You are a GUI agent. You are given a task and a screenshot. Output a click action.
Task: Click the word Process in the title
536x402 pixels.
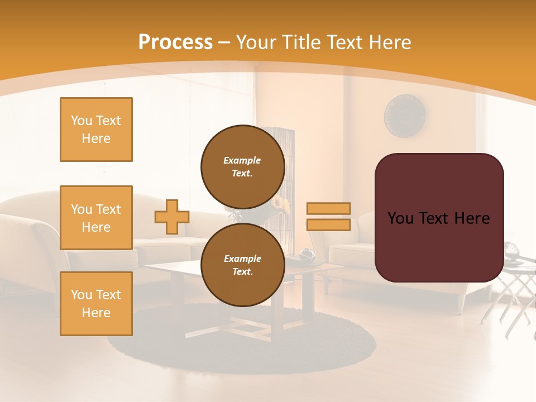click(x=175, y=42)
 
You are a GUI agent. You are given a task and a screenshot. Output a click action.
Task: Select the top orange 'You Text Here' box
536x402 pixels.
click(x=96, y=130)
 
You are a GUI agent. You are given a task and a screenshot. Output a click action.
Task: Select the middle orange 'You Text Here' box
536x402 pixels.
click(x=96, y=218)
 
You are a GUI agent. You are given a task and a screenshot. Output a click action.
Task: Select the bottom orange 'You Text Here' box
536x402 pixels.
click(x=96, y=303)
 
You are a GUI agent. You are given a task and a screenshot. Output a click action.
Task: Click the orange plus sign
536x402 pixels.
click(x=172, y=217)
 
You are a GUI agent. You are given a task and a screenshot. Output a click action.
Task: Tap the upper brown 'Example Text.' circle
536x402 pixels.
click(x=242, y=166)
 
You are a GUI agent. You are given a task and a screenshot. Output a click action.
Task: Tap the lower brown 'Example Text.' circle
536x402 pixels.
click(x=242, y=265)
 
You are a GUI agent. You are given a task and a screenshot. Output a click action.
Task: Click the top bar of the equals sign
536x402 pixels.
click(x=328, y=208)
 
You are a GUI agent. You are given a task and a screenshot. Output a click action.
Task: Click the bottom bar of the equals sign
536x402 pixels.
click(x=328, y=224)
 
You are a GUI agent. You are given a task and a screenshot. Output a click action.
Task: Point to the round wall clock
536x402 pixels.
click(x=405, y=116)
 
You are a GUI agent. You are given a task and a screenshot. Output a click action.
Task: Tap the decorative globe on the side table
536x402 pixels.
click(x=513, y=251)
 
